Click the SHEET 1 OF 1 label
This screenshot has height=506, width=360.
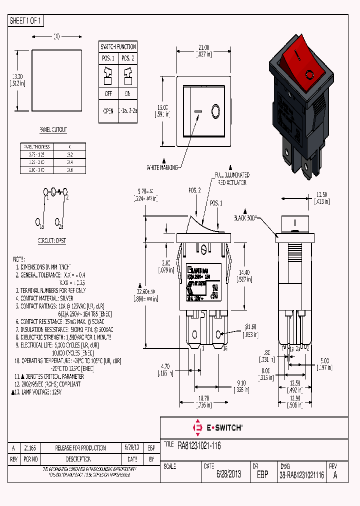point(26,21)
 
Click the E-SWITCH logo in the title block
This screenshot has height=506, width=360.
point(217,428)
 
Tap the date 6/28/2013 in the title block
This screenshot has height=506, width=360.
point(228,474)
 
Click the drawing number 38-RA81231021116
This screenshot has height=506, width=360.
point(302,474)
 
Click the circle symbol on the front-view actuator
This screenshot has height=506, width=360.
point(216,110)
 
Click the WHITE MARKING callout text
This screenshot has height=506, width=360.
point(162,168)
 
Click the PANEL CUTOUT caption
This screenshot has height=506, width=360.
point(53,130)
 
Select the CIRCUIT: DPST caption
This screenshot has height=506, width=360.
point(52,240)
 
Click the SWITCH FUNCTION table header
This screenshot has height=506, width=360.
point(118,47)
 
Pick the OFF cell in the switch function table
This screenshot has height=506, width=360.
point(108,93)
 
